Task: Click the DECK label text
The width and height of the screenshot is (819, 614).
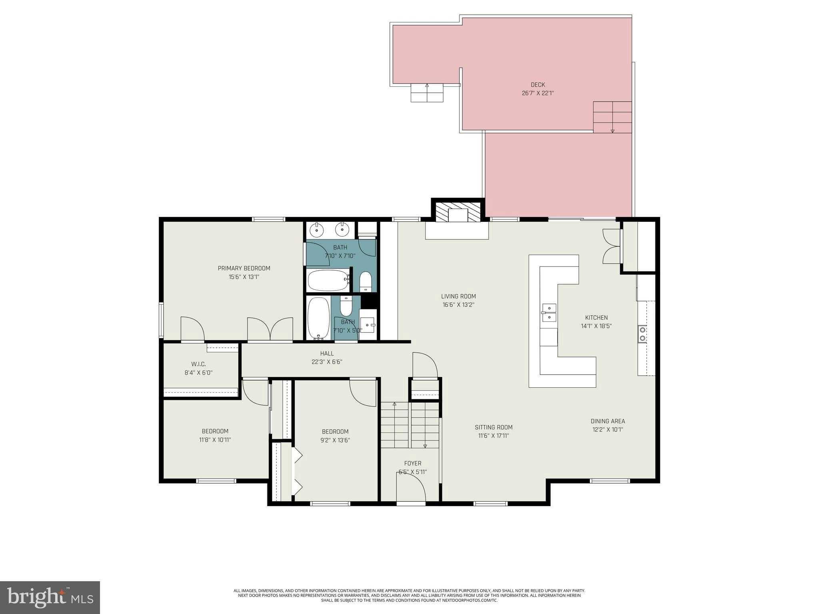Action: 537,85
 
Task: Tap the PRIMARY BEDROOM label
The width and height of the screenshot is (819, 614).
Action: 244,268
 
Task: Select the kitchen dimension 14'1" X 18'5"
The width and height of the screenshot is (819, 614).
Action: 596,326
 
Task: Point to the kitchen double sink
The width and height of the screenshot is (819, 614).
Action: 549,313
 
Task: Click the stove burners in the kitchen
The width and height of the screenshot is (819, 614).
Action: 642,334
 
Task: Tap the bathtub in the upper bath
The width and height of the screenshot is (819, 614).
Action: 328,280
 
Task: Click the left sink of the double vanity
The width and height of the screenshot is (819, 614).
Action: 317,230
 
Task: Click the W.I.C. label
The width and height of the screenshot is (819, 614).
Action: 198,364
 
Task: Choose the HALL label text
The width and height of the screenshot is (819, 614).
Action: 327,353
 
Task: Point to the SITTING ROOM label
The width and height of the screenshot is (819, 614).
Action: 493,427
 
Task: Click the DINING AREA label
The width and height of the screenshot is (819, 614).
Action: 607,421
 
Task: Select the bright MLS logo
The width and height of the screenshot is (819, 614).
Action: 50,597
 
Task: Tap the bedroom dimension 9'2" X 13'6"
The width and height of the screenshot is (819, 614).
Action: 335,440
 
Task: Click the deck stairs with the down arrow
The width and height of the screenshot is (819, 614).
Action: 612,117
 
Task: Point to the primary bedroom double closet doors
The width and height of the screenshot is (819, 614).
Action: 270,329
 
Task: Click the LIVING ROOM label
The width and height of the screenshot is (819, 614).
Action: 458,296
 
